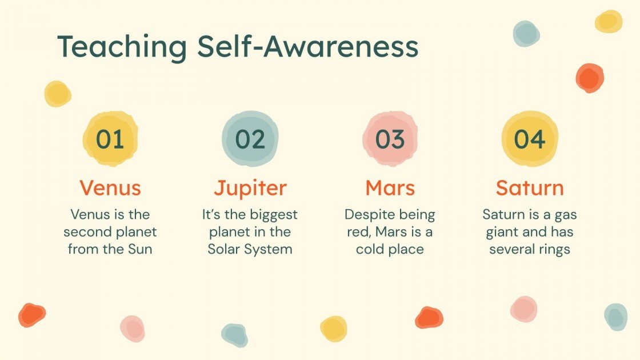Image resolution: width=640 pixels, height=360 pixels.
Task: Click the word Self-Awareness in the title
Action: (x=308, y=47)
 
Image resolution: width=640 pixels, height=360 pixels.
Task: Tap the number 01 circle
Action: (x=110, y=139)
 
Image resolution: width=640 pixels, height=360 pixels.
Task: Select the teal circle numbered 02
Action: (x=250, y=139)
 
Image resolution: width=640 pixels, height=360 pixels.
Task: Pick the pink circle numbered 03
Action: (x=390, y=139)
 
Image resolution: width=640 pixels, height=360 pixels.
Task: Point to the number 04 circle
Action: (x=530, y=139)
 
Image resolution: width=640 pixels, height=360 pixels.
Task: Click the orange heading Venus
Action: (x=110, y=188)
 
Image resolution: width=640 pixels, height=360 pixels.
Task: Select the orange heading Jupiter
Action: (x=250, y=188)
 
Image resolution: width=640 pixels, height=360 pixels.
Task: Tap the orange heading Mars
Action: (x=390, y=188)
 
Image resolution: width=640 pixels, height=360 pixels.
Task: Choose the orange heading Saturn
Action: (x=530, y=188)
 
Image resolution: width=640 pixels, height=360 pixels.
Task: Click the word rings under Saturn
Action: (x=554, y=250)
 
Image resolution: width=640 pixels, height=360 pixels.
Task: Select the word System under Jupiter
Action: (x=270, y=250)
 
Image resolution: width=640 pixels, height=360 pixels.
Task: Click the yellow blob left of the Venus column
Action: (x=58, y=94)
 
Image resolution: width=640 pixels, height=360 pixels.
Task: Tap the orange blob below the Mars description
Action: (x=429, y=318)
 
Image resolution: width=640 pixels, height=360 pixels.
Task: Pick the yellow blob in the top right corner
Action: (x=608, y=22)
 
